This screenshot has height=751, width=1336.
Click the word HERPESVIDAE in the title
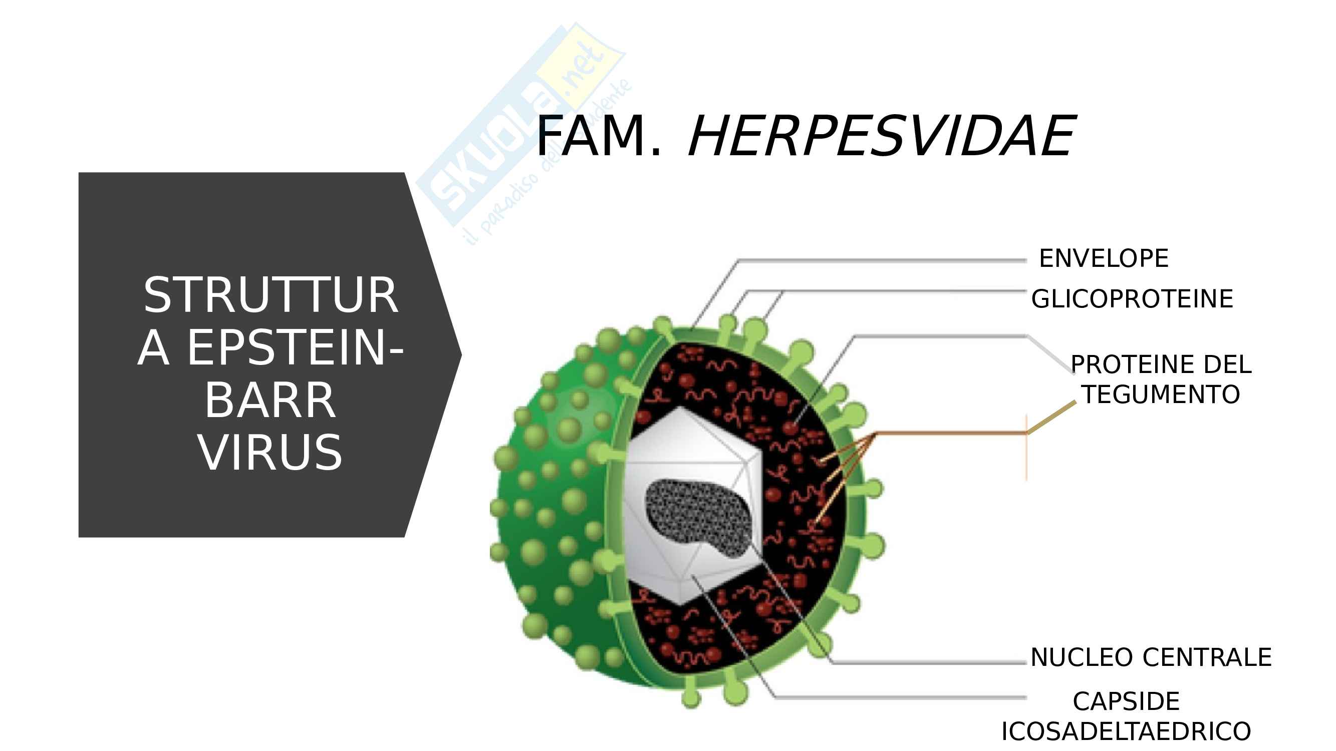pyautogui.click(x=882, y=136)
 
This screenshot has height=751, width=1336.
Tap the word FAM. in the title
pyautogui.click(x=599, y=136)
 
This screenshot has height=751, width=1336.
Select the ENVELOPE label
pyautogui.click(x=1104, y=258)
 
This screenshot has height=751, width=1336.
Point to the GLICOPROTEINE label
pyautogui.click(x=1132, y=299)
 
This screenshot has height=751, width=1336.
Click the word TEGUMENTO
pyautogui.click(x=1161, y=395)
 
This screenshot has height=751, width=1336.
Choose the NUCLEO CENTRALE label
pyautogui.click(x=1151, y=658)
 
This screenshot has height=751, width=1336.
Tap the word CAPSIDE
pyautogui.click(x=1126, y=702)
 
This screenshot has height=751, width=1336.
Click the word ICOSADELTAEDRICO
pyautogui.click(x=1126, y=732)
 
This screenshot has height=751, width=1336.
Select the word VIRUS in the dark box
pyautogui.click(x=270, y=453)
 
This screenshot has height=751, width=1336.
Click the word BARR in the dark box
pyautogui.click(x=270, y=401)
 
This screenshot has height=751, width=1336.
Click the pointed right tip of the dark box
pyautogui.click(x=458, y=355)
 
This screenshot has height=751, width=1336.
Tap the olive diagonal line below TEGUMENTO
pyautogui.click(x=1052, y=417)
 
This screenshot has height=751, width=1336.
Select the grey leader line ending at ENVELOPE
pyautogui.click(x=882, y=261)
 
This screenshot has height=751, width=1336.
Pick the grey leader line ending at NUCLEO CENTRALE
pyautogui.click(x=928, y=662)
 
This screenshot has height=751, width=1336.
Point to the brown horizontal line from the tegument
pyautogui.click(x=949, y=433)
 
